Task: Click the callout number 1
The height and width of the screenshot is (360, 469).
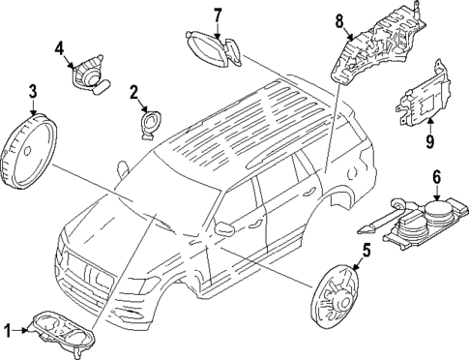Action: (x=8, y=331)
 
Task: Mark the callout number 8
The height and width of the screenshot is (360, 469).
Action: (x=339, y=19)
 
